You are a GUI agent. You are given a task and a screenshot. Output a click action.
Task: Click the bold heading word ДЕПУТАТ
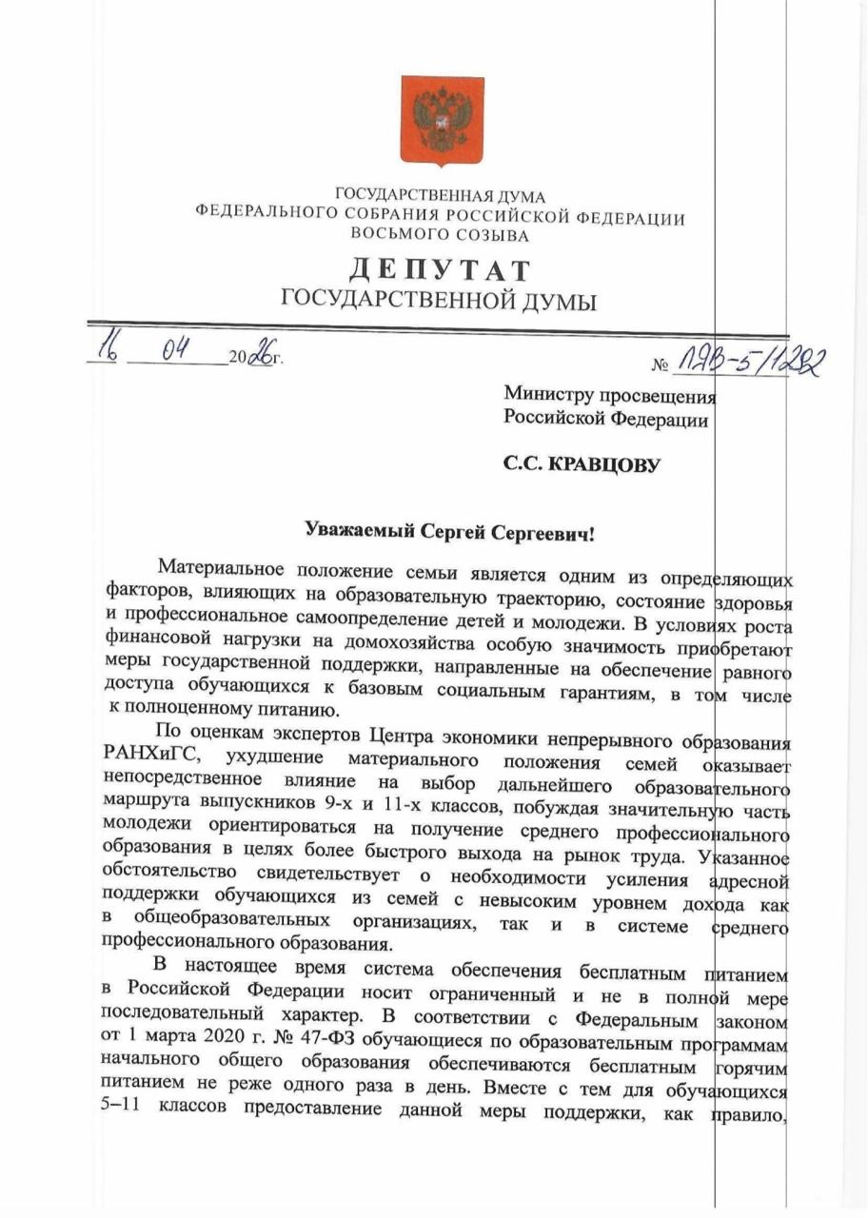[x=440, y=270]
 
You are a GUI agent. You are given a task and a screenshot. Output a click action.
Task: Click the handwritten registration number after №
[x=751, y=359]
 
